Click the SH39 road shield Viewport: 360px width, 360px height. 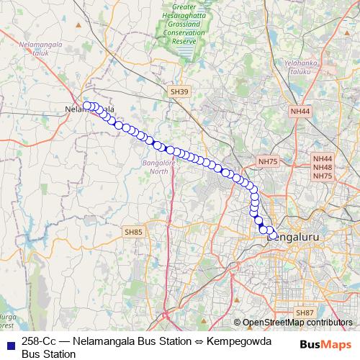tap(179, 92)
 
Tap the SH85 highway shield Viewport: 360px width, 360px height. tap(134, 232)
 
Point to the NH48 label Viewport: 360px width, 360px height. tap(323, 167)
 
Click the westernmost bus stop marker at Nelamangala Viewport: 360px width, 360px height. tap(87, 106)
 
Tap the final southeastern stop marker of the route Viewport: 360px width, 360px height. tap(274, 235)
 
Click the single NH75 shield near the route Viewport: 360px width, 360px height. tap(268, 162)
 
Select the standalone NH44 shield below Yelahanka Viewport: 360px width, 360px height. tap(300, 112)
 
